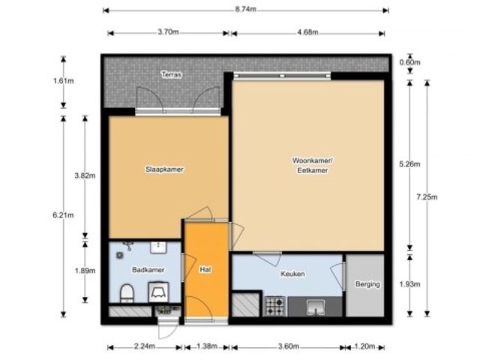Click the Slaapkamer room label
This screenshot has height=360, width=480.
(164, 169)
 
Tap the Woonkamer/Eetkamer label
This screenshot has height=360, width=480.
(312, 165)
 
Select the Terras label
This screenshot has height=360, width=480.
(172, 75)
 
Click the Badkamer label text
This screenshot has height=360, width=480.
(148, 270)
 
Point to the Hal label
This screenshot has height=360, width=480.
(205, 270)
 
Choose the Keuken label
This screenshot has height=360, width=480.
(292, 274)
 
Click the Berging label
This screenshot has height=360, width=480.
(367, 284)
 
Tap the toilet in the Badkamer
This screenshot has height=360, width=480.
(127, 293)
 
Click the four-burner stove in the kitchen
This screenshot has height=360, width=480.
(275, 306)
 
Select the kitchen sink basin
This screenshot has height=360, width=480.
(316, 307)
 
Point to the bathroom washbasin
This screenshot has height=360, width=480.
(158, 247)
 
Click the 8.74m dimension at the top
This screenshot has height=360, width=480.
(245, 9)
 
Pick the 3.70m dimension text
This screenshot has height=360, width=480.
(168, 31)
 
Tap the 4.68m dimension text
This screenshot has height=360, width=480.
(307, 32)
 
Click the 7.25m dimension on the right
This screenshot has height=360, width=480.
(427, 196)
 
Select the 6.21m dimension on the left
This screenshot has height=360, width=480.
(63, 215)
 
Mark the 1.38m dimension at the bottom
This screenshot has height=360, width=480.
(207, 346)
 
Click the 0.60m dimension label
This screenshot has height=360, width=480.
(409, 62)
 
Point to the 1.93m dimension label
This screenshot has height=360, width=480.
(409, 284)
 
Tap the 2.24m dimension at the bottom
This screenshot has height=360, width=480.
(145, 346)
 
